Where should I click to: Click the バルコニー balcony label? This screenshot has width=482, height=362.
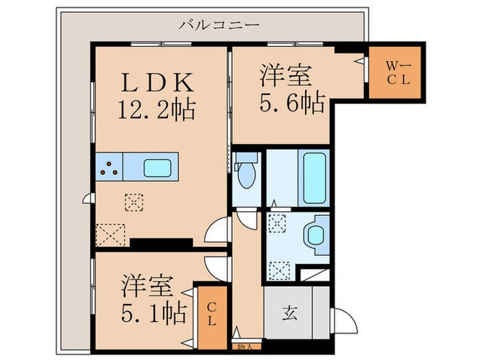[x=219, y=25]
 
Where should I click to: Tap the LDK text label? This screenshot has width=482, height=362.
[x=158, y=82]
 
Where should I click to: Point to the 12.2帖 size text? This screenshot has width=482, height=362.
[x=157, y=109]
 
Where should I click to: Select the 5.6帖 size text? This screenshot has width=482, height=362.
[x=293, y=102]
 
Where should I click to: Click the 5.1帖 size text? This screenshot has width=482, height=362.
[x=154, y=312]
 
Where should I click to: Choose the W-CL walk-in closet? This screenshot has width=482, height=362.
[x=395, y=72]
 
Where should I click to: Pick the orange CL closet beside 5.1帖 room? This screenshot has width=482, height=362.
[x=212, y=318]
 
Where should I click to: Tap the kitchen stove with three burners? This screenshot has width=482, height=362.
[x=109, y=167]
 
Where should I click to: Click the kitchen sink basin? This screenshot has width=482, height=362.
[x=158, y=168]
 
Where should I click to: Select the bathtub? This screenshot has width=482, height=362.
[x=315, y=178]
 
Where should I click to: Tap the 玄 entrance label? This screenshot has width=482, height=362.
[x=290, y=314]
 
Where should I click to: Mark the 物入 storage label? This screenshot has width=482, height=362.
[x=245, y=347]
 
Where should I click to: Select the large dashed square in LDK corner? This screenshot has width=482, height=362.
[x=111, y=235]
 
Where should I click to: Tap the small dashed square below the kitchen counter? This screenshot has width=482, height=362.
[x=134, y=202]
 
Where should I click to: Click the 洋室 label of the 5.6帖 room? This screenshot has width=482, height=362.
[x=286, y=74]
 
